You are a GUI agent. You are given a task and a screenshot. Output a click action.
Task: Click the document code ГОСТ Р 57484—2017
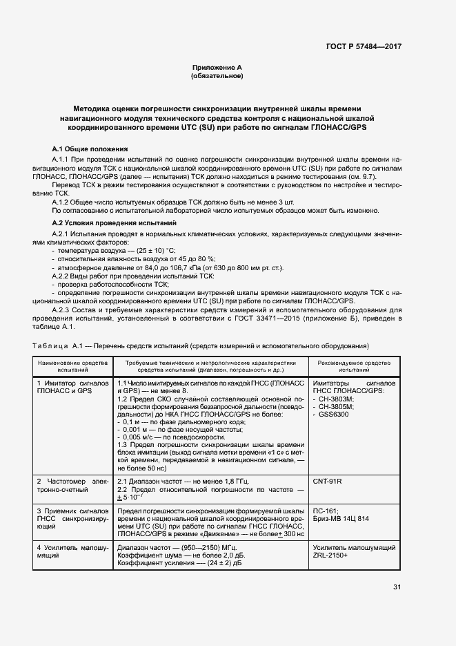[x=363, y=46]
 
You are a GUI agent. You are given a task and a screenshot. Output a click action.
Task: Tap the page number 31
[x=397, y=587]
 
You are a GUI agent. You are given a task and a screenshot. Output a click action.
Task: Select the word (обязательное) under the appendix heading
[x=217, y=76]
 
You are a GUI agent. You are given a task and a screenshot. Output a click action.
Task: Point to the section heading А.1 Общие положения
[x=90, y=149]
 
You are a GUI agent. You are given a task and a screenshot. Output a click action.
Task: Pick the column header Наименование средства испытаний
[x=72, y=366]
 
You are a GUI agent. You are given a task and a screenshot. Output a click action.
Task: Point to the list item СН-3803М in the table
[x=337, y=400]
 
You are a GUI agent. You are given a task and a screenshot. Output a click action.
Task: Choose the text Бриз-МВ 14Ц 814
[x=341, y=518]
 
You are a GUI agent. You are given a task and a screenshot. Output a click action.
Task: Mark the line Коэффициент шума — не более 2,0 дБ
[x=175, y=555]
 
